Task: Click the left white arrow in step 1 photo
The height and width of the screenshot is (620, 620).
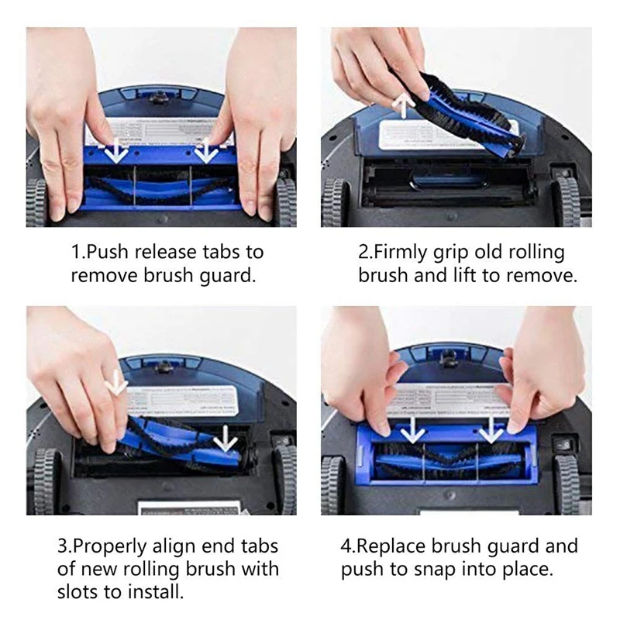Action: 116,150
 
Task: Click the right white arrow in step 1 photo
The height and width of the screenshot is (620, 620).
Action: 206,150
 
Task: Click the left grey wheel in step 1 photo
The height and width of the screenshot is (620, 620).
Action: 36,202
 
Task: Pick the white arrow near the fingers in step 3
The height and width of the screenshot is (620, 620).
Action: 117,382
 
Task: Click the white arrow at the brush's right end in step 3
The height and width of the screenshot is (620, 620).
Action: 226,439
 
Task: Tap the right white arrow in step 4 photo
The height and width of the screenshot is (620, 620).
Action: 491,429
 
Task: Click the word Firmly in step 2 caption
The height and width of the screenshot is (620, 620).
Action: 407,253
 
